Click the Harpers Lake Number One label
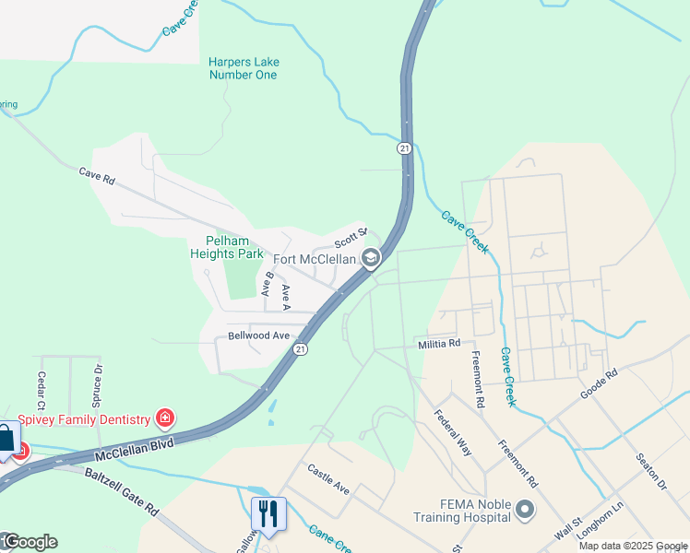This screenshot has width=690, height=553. click(x=244, y=68)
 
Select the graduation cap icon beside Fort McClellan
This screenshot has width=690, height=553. click(x=371, y=258)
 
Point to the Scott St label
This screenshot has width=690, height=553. click(x=351, y=237)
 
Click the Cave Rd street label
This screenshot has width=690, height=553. click(x=96, y=175)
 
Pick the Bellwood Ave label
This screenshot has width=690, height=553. click(x=259, y=335)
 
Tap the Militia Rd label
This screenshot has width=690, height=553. click(x=439, y=344)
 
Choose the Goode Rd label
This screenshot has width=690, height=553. click(x=598, y=384)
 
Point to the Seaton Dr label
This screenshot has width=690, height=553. click(x=650, y=470)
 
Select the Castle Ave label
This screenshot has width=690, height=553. click(x=328, y=479)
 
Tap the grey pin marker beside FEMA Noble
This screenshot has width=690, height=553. click(x=526, y=509)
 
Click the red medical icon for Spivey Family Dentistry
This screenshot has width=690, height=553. click(x=165, y=419)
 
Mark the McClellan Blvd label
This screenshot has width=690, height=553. click(x=135, y=446)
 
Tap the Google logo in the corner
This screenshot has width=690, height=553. click(x=30, y=542)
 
